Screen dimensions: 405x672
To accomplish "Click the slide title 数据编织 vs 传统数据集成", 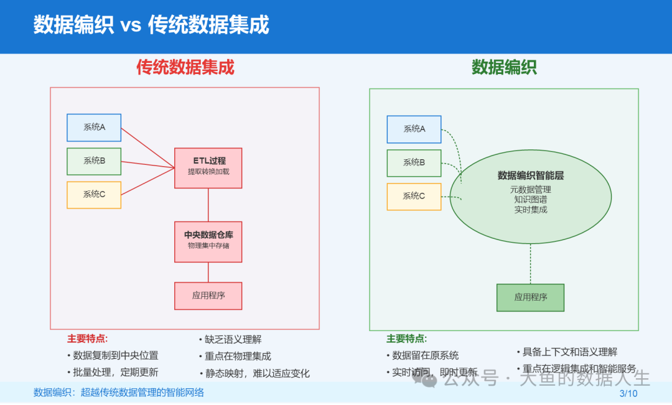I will coord(151,26).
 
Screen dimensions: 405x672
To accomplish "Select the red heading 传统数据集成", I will coord(185,67).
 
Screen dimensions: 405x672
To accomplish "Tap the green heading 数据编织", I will coord(504,67).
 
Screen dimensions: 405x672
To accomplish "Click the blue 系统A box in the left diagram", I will coord(94,128).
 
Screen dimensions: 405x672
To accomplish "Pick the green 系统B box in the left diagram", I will coord(94,161).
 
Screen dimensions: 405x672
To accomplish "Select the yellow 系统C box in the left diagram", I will coord(94,195).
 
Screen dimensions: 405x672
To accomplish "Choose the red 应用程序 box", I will coord(208,296).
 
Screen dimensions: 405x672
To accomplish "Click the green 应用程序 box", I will coord(530,297).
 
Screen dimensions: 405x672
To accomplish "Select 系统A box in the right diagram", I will coord(414,129).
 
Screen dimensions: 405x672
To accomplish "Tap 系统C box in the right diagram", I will coord(414,197).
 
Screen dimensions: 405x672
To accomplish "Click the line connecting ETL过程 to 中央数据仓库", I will coord(208,205).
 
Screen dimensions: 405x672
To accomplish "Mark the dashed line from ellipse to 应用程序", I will coord(530,264).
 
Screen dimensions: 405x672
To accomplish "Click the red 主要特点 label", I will coord(87,339).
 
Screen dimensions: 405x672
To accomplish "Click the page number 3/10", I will coord(628,393).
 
